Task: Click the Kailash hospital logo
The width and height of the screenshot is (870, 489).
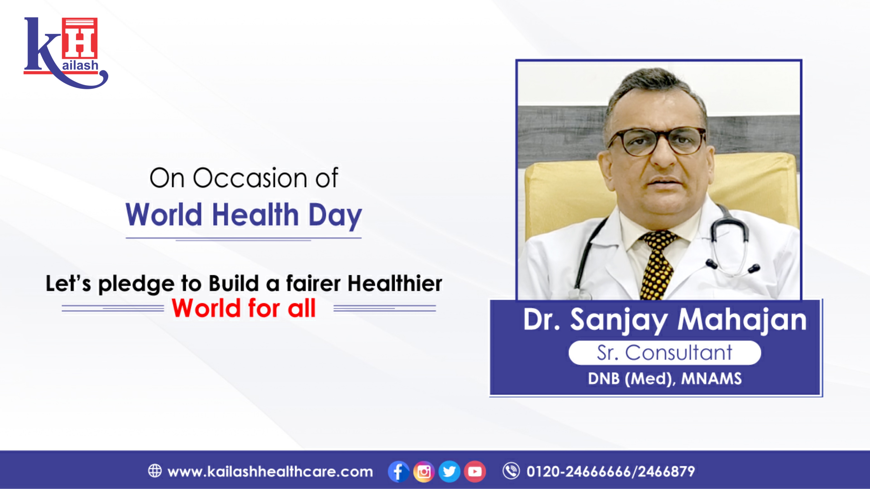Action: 66,53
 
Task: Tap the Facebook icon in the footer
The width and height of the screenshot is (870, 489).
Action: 399,471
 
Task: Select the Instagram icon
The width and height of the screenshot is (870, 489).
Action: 424,471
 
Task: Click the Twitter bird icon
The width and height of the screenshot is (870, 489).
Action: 449,471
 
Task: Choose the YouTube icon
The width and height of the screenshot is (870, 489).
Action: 475,471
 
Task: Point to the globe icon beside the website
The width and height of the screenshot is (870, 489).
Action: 155,471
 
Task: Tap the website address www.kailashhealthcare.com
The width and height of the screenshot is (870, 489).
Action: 270,471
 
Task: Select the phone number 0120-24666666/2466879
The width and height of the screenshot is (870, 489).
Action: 611,471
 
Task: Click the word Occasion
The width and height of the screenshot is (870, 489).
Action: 250,178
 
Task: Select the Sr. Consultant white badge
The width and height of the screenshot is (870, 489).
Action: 665,353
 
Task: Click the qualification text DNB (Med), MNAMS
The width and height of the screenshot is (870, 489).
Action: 665,379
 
